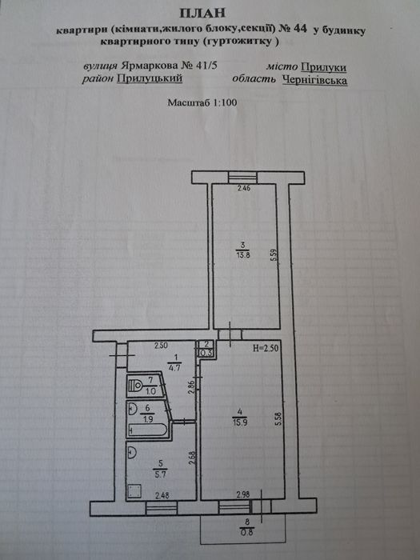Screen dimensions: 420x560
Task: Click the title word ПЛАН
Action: point(202,13)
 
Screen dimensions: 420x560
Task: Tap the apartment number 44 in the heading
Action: point(300,29)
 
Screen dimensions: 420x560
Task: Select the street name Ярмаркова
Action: point(150,66)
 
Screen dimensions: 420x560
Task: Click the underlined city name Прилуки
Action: point(323,67)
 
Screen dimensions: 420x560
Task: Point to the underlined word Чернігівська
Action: point(314,80)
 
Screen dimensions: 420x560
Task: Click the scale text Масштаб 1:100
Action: point(202,102)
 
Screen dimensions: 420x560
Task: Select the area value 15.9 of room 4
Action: point(240,422)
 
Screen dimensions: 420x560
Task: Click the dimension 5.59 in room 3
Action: point(274,256)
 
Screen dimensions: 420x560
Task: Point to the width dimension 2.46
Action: point(244,188)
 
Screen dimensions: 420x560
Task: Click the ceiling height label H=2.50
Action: point(266,348)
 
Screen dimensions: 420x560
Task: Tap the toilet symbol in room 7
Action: point(136,386)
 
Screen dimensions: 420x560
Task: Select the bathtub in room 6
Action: point(147,430)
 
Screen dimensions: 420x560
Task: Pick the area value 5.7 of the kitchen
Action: point(160,474)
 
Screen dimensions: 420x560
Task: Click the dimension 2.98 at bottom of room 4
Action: point(243,494)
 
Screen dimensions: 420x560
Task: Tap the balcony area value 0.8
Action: point(246,532)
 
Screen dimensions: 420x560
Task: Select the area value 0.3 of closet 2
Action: point(207,353)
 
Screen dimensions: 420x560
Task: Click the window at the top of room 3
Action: point(242,177)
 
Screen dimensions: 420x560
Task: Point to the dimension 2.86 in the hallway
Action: point(191,388)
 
